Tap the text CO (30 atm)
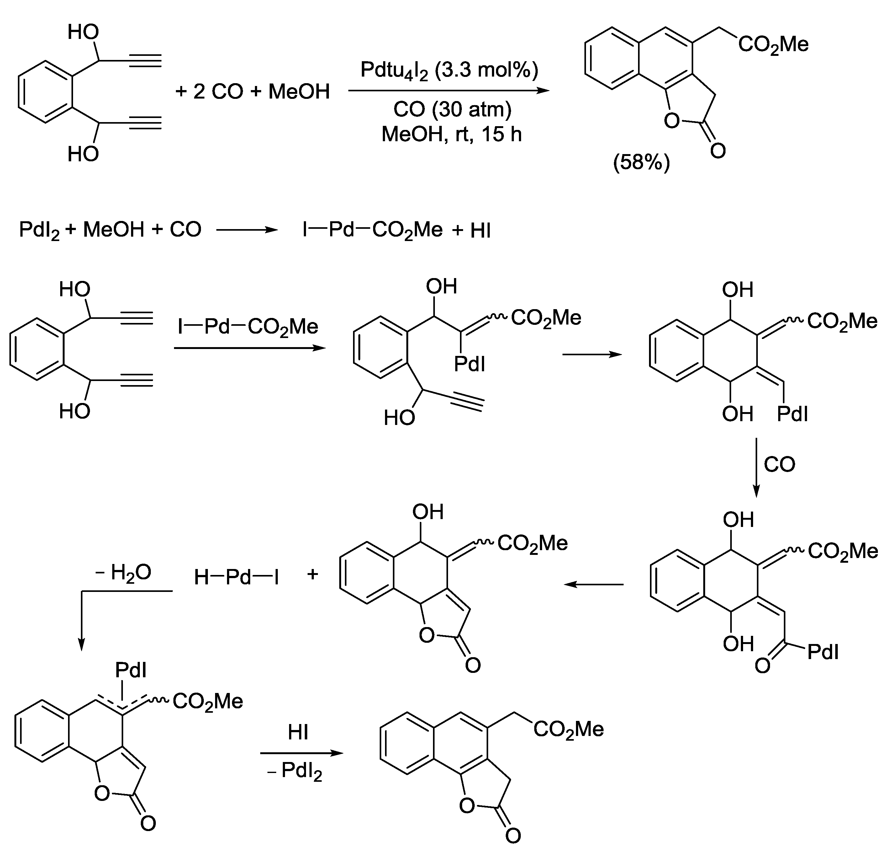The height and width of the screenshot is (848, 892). [452, 110]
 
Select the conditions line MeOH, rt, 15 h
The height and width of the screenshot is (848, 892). [452, 134]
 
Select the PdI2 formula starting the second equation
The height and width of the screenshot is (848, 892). [40, 231]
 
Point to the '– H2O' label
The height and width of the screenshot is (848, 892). [123, 573]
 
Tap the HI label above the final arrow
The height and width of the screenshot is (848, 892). [298, 732]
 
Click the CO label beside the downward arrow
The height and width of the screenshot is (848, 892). [779, 465]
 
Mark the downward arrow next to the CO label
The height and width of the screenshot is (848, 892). [757, 467]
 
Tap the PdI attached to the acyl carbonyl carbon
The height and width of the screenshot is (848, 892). [823, 652]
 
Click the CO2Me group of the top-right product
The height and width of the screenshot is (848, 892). [773, 45]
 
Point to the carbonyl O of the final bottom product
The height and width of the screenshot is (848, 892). [513, 835]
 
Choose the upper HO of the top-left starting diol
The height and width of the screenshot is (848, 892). [83, 32]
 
